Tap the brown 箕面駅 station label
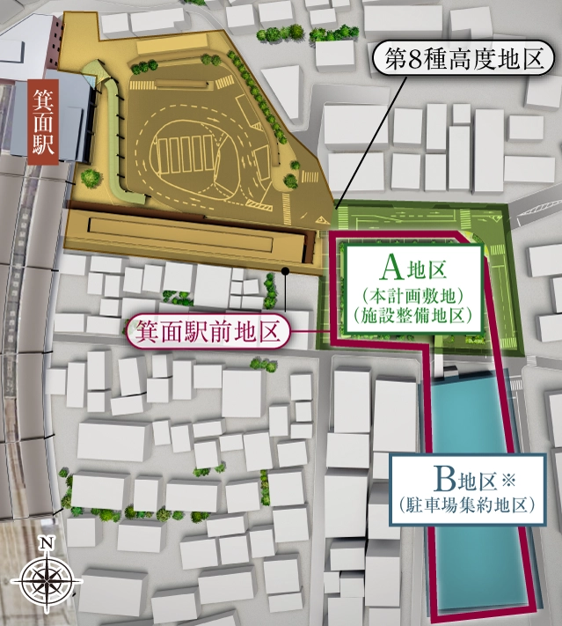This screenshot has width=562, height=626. [x=44, y=122]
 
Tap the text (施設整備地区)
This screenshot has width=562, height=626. [x=412, y=313]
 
